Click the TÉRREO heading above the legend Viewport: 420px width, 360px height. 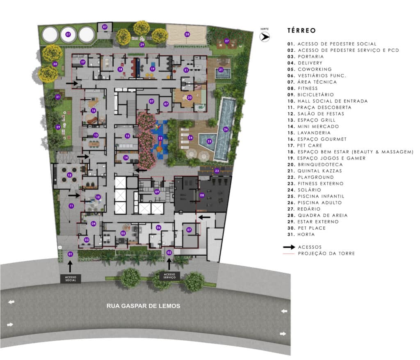(301, 30)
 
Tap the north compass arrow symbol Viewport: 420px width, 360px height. (265, 36)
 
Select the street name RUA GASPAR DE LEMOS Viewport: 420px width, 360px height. (143, 306)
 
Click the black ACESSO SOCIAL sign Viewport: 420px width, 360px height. (71, 278)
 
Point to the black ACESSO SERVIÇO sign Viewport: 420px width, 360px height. (169, 276)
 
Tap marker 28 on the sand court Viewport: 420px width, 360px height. (187, 34)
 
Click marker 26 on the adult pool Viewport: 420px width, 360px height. (226, 130)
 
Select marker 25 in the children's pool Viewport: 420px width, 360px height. (210, 141)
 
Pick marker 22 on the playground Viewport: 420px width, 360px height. (160, 138)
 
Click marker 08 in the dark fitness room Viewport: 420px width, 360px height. (202, 195)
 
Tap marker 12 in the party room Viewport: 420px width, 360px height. (70, 175)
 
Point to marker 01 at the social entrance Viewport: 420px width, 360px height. (70, 254)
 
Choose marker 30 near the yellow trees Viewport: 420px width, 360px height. (55, 64)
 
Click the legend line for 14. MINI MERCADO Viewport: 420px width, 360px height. (313, 126)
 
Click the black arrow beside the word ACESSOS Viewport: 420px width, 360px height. (289, 247)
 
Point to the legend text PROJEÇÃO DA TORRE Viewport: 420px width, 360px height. (326, 253)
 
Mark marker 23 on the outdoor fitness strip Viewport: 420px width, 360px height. (217, 171)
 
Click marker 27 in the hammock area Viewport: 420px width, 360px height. (227, 41)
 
